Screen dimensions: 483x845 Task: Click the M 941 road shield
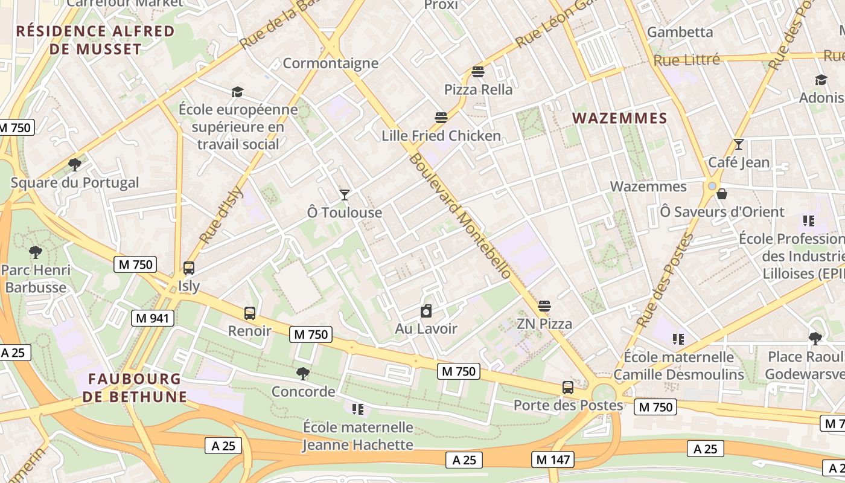tap(153, 318)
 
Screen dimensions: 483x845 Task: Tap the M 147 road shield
tap(552, 459)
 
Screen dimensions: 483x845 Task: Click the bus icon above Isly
tap(189, 267)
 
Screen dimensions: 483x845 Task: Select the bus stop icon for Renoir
tap(250, 313)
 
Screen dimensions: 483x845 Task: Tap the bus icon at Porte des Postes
tap(568, 387)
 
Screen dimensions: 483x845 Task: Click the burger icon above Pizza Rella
tap(478, 72)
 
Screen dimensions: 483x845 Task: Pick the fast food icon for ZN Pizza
tap(544, 305)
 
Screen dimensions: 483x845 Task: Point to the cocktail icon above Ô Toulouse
tap(344, 194)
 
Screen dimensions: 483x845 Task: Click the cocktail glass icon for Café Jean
tap(738, 144)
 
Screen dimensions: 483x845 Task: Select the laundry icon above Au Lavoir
tap(426, 311)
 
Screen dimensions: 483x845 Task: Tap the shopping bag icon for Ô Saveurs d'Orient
tap(721, 194)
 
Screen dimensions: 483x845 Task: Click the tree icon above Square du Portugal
tap(75, 164)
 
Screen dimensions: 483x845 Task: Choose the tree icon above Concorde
tap(303, 373)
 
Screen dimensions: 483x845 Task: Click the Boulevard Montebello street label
tap(460, 216)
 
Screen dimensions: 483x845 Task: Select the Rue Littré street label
tap(686, 60)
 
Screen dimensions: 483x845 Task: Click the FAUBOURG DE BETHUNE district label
tap(135, 388)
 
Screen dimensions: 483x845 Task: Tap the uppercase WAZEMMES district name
tap(619, 118)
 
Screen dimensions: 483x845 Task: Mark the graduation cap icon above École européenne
tap(237, 92)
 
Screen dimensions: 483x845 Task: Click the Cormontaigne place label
tap(330, 63)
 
